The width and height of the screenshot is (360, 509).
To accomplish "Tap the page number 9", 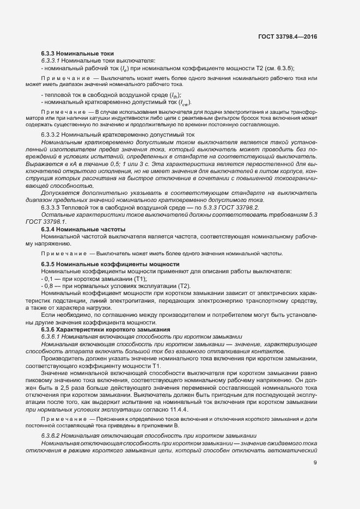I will point(315,463).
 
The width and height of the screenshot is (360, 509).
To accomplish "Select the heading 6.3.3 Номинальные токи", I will point(77,53).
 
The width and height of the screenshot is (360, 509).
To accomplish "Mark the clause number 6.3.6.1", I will point(53,336).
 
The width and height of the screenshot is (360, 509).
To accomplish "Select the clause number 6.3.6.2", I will point(53,436).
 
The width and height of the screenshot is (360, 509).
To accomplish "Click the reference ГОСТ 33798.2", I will point(242,207).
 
